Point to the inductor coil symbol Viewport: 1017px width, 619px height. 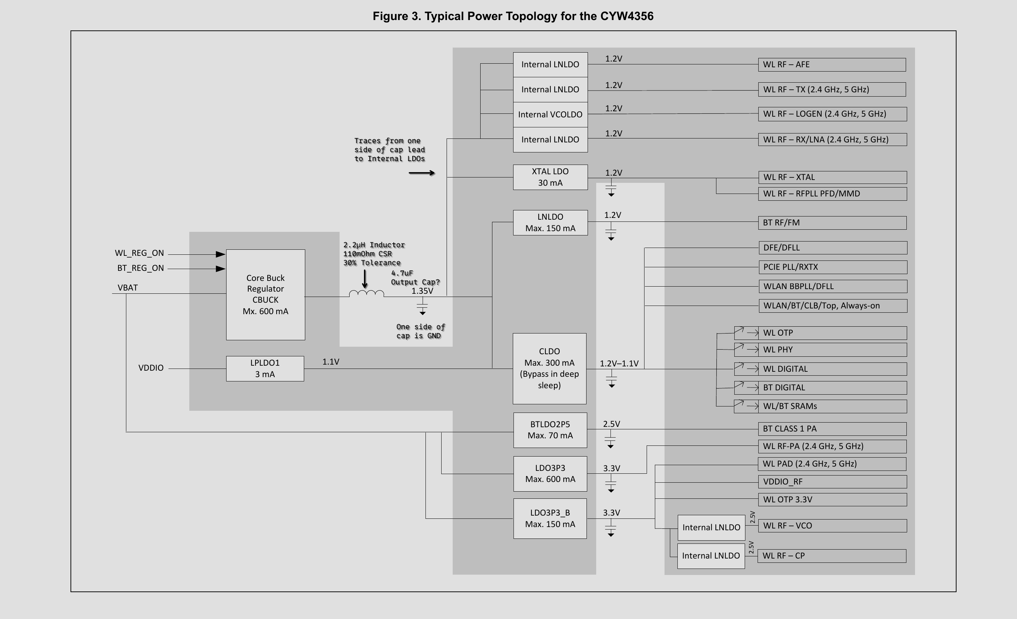[366, 293]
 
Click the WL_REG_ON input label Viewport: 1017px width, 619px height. [140, 253]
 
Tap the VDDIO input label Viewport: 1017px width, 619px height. [151, 368]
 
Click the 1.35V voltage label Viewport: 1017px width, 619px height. [422, 291]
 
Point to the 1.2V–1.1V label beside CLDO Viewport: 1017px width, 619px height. [619, 364]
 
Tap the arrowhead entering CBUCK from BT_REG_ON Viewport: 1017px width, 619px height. [220, 269]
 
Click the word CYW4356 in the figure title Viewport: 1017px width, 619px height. [627, 16]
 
